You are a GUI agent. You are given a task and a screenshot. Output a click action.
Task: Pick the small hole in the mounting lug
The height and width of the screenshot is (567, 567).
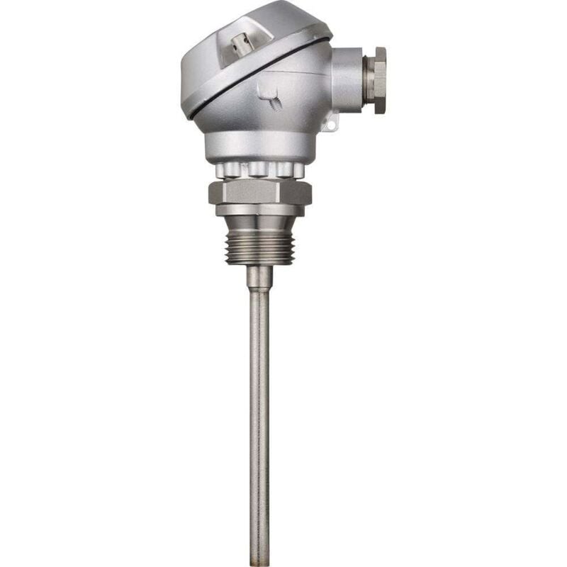pos(328,125)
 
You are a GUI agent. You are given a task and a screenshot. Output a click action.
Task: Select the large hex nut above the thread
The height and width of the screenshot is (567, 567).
pos(259,192)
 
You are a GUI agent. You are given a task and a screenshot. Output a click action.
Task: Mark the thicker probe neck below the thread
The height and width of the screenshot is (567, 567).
pos(259,276)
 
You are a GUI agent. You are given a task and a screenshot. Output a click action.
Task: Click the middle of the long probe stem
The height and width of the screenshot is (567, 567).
pos(259,425)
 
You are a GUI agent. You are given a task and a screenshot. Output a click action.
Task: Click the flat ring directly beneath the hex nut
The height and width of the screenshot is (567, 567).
pos(259,210)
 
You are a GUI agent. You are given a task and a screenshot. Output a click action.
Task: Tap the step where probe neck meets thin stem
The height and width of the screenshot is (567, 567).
pos(259,290)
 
